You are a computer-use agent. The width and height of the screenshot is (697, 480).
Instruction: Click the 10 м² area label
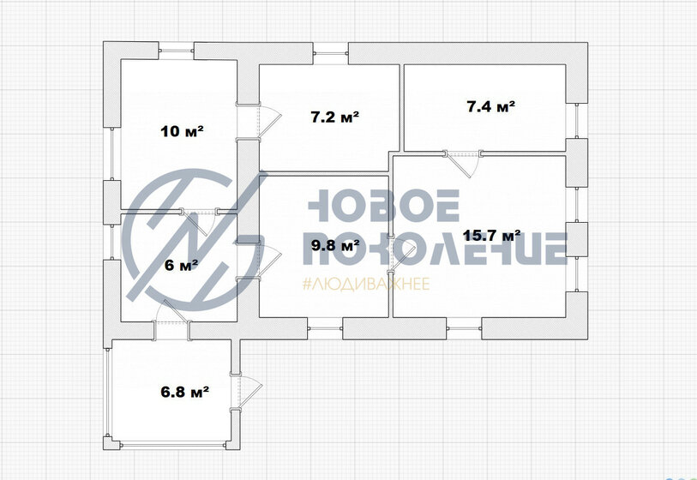(183, 131)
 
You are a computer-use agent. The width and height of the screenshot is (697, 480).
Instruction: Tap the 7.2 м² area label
(334, 117)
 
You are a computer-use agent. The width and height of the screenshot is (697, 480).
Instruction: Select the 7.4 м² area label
(491, 106)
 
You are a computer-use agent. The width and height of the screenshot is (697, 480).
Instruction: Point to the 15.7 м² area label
(492, 235)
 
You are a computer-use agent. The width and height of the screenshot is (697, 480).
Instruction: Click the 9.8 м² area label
(335, 245)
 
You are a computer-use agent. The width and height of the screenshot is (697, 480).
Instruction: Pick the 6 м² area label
(181, 266)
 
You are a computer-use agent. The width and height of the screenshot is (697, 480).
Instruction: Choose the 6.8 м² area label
(185, 392)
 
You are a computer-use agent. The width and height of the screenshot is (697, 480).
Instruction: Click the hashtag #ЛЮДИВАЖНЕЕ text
(366, 284)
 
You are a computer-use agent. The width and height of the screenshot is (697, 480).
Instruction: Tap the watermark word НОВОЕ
(384, 206)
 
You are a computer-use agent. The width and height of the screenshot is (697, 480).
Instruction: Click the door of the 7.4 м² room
(462, 163)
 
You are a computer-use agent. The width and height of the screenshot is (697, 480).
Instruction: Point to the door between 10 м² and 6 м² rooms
(200, 220)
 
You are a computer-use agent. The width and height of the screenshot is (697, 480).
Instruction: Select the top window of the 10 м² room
(177, 51)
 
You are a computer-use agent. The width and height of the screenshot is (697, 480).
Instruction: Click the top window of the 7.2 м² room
(331, 54)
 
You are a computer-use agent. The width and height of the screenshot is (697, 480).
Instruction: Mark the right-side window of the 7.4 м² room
(577, 121)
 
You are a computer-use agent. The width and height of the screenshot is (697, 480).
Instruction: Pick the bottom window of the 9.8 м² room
(325, 329)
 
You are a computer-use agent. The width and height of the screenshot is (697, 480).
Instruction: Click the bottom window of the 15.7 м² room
(464, 329)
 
